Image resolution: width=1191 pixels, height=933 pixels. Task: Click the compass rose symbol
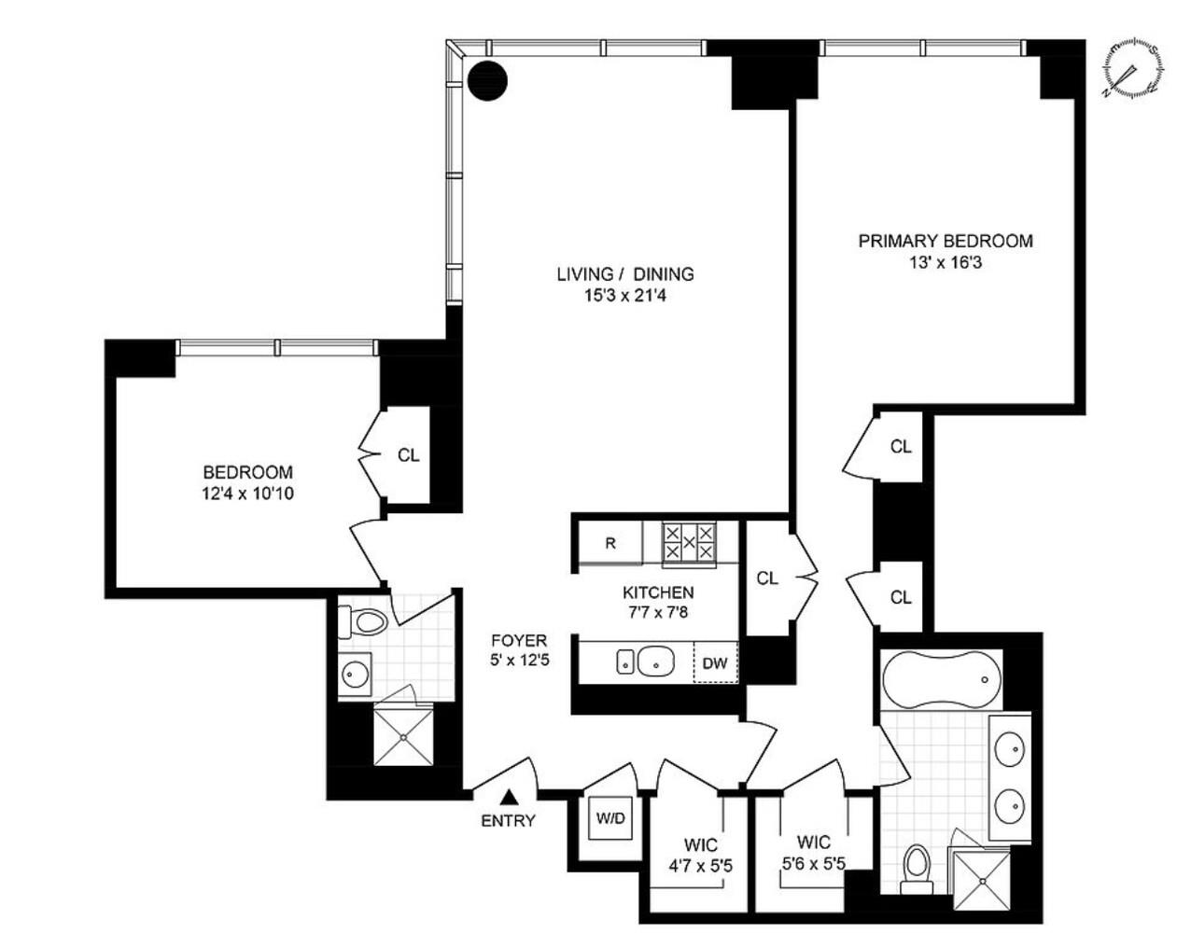tap(1131, 68)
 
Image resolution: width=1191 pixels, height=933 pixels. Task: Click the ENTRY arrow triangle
tap(510, 797)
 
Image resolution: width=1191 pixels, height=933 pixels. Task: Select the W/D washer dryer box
tap(610, 819)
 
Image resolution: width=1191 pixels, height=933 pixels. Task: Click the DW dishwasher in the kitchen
tap(714, 663)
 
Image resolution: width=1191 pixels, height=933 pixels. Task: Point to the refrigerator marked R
tap(610, 544)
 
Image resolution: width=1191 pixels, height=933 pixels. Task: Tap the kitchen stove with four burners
tap(689, 543)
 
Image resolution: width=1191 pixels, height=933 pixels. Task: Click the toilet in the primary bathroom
tap(918, 867)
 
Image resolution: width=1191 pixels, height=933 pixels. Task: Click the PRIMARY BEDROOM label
tap(945, 241)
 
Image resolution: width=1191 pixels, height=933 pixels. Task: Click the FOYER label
tap(519, 641)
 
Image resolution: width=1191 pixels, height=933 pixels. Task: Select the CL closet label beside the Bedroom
tap(409, 455)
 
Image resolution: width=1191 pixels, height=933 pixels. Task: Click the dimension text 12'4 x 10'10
tap(247, 493)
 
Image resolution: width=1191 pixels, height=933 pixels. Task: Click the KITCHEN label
tap(658, 592)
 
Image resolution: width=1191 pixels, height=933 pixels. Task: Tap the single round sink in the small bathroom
tap(355, 675)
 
